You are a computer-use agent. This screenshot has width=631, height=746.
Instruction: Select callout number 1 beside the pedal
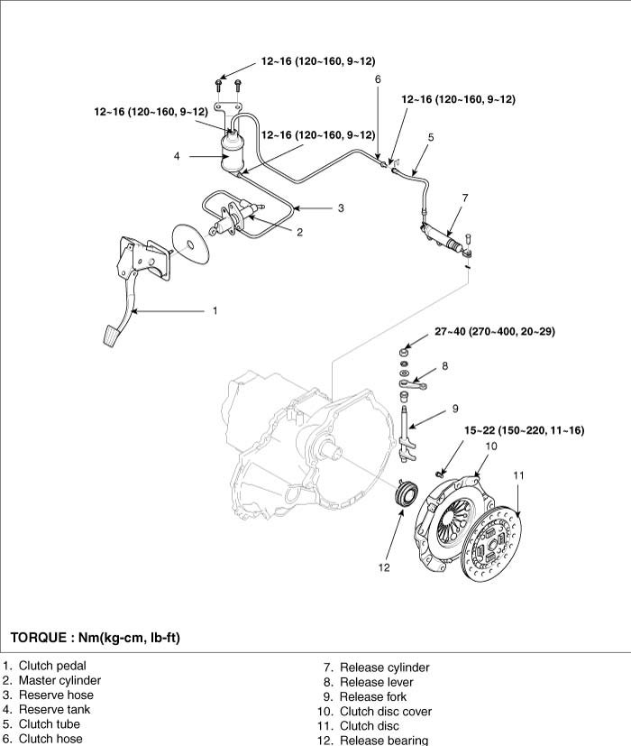coord(215,311)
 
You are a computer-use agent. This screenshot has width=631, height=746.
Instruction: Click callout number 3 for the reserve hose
coord(341,208)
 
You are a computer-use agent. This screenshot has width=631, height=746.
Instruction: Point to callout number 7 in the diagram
coord(464,198)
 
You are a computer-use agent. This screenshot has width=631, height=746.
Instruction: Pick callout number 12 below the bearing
coord(384,567)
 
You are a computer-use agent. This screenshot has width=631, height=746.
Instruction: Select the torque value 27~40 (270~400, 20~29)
coord(494,332)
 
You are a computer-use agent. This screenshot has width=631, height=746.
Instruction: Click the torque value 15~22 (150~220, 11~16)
coord(524,430)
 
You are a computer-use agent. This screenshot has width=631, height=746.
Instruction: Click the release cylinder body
coord(444,235)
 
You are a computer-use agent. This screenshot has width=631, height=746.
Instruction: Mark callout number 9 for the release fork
coord(455,408)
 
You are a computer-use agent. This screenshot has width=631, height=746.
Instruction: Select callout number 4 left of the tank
coord(178,156)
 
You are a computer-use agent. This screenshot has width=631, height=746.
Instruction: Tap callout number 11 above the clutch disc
coord(518,475)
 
